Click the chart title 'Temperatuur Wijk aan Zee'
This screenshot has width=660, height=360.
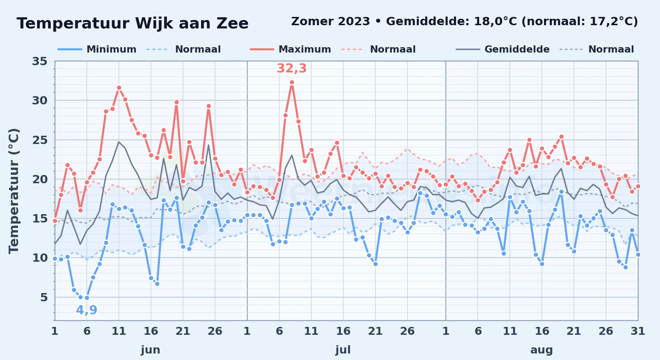point(133,23)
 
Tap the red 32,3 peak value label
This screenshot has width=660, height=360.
point(292,68)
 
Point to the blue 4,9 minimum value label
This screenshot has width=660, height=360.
point(86,310)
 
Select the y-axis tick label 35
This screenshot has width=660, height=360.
point(40,61)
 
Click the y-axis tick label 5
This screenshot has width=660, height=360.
point(44,297)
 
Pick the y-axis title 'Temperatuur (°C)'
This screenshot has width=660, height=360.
point(14,191)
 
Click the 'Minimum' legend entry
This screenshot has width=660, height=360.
point(97,49)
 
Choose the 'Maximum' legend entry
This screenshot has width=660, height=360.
point(291,49)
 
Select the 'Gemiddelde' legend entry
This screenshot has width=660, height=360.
point(503,49)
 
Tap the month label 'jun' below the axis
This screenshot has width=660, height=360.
point(151,350)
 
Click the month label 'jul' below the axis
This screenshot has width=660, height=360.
point(343,350)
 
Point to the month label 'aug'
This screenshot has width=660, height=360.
point(541,350)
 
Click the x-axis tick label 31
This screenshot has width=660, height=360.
point(638,331)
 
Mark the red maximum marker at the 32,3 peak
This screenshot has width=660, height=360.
point(292,82)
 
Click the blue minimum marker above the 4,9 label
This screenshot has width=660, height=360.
point(87,298)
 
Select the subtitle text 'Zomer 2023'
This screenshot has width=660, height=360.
point(330,21)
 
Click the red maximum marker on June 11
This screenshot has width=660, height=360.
point(119,87)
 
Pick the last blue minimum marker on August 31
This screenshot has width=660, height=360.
point(638,255)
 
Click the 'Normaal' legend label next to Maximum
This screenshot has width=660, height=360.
point(393,49)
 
